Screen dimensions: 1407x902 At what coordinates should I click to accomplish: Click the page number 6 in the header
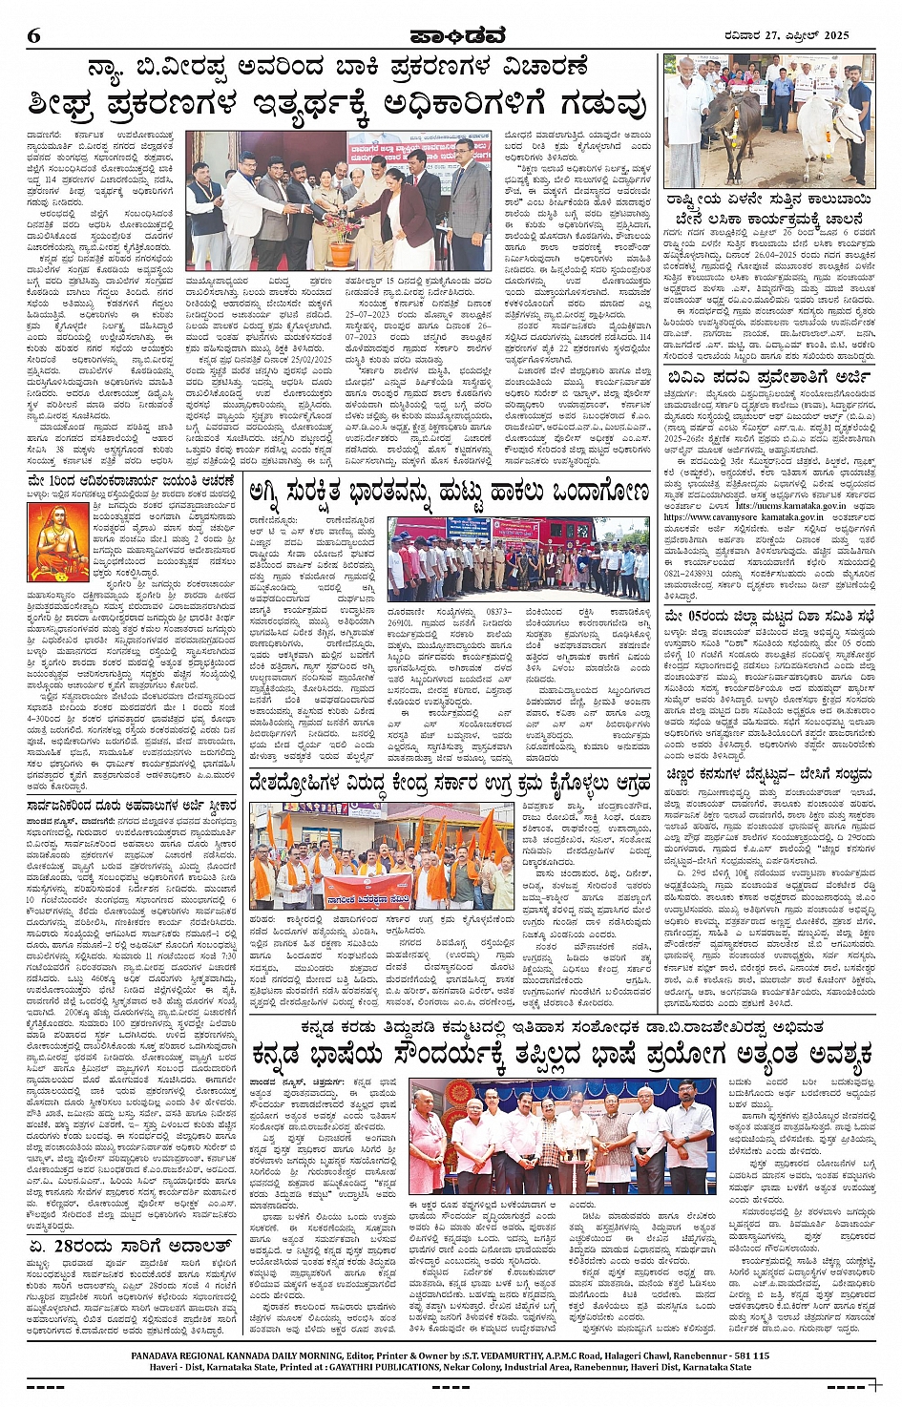[x=34, y=36]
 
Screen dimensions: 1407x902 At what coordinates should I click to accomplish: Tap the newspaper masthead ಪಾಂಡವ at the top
[x=450, y=35]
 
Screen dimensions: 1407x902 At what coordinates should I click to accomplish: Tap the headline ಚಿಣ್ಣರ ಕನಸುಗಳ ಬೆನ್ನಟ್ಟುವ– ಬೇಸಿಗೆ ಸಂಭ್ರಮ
[x=768, y=775]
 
